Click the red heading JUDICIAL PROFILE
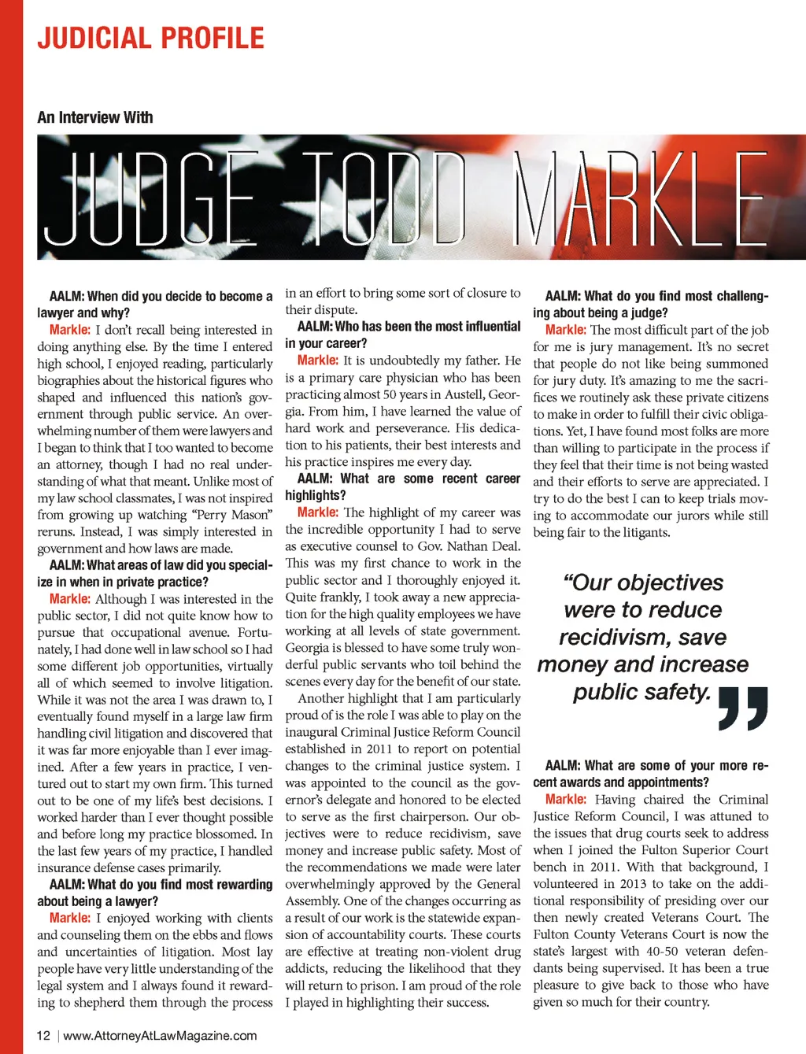150,38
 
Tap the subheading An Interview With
95,117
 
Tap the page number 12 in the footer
43,1035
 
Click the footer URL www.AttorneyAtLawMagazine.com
160,1035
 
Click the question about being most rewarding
155,893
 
